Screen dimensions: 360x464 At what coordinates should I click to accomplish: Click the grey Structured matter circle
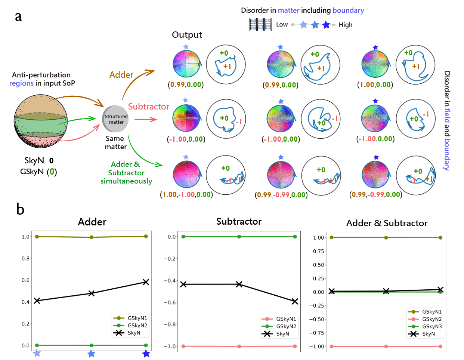tap(116, 119)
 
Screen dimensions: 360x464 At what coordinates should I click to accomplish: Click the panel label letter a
tap(18, 16)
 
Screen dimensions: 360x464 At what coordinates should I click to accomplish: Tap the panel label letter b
tap(20, 209)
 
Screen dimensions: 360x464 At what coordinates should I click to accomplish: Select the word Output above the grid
tap(187, 35)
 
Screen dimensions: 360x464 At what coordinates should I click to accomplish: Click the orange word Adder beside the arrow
tap(121, 75)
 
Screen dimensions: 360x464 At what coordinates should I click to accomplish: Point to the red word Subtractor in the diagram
tap(149, 107)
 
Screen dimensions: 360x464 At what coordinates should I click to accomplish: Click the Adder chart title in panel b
tap(92, 222)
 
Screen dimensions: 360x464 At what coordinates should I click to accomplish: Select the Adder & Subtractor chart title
tap(387, 223)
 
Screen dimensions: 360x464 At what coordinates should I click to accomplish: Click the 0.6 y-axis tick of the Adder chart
tap(25, 280)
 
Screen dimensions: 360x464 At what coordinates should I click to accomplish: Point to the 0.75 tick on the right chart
tap(318, 251)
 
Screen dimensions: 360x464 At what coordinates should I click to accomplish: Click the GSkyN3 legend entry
tap(432, 326)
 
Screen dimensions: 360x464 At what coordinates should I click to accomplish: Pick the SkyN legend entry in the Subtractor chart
tap(282, 334)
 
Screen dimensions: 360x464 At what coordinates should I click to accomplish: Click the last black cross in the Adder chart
tap(146, 282)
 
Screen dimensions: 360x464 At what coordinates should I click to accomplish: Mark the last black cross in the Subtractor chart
tap(295, 301)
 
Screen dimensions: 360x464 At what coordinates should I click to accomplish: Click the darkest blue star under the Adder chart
tap(146, 354)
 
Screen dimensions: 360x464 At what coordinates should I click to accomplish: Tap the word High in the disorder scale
tap(346, 25)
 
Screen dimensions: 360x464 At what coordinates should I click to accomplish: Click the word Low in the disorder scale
tap(282, 25)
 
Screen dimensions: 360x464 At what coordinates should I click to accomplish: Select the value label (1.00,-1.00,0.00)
tap(186, 194)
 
